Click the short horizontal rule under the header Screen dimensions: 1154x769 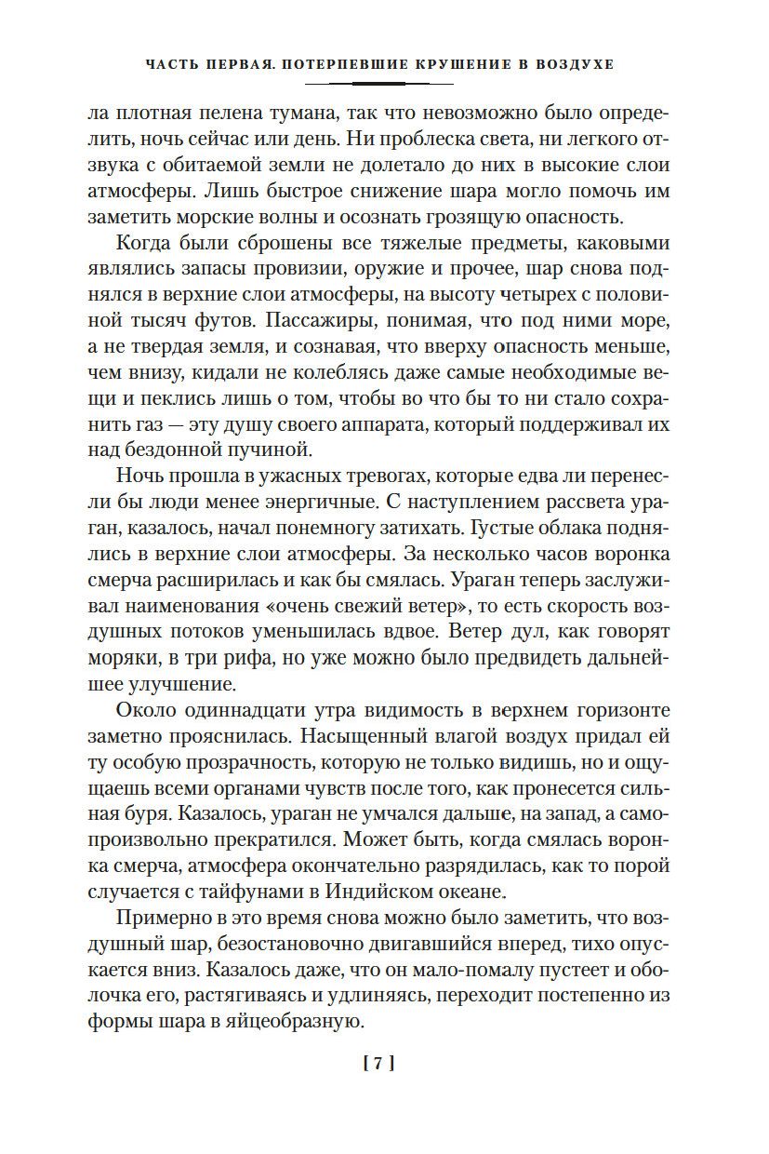coord(384,85)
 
